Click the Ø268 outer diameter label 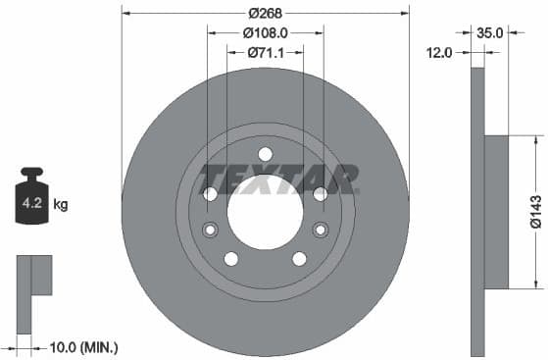(265, 13)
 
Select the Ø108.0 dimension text (265, 32)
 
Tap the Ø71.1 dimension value (265, 51)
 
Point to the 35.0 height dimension (489, 32)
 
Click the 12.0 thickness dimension (439, 52)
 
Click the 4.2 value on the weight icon (31, 205)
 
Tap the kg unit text (61, 205)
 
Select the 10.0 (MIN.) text (82, 347)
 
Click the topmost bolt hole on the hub (265, 153)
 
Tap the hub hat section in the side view (497, 211)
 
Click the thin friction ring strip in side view (477, 211)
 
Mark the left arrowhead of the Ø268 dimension (125, 13)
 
